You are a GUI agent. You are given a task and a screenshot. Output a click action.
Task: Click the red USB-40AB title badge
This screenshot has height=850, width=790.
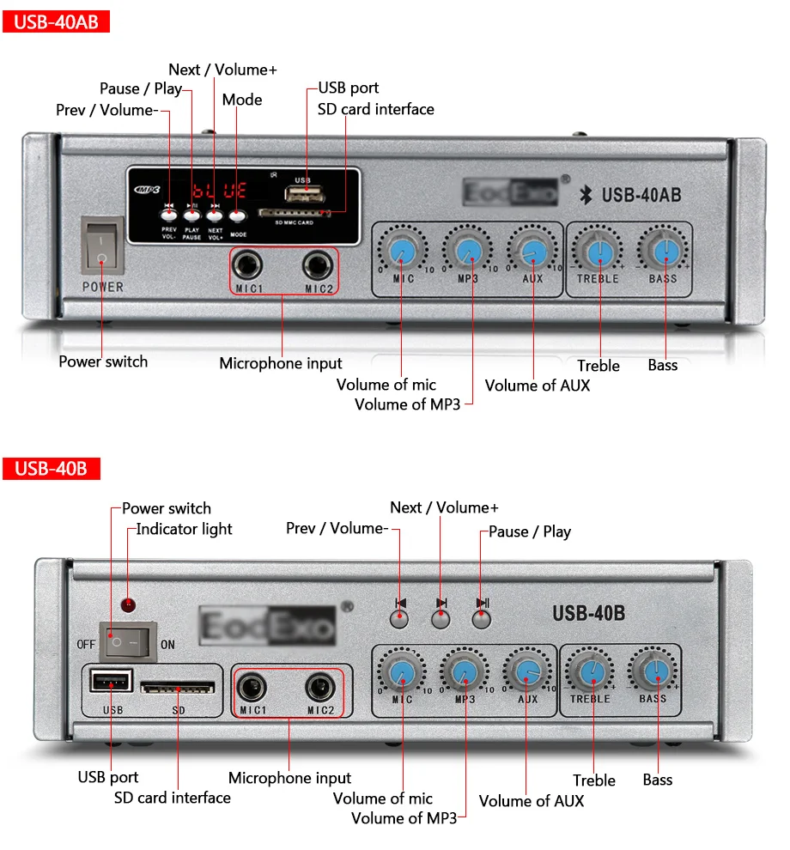(56, 21)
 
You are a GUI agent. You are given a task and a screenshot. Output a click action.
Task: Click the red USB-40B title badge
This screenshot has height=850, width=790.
(52, 469)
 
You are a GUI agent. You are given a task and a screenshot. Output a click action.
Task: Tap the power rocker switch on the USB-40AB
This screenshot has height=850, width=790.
(102, 246)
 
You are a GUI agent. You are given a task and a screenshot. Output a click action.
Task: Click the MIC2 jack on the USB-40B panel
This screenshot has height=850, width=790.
(319, 686)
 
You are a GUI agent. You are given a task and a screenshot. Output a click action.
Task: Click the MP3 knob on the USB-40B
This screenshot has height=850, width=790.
(464, 671)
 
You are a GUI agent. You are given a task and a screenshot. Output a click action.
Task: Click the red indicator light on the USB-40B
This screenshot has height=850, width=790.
(129, 605)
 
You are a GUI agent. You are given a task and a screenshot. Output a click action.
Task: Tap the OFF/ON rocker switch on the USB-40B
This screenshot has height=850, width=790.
(125, 641)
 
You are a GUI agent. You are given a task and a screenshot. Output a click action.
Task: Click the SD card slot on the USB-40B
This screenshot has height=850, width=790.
(178, 688)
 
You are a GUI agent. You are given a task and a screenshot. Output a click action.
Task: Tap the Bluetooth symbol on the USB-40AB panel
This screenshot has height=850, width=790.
(588, 195)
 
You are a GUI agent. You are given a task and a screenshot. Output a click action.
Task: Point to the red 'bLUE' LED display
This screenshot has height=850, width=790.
(218, 191)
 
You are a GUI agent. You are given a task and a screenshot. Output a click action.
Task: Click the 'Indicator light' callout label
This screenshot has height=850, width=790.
(184, 529)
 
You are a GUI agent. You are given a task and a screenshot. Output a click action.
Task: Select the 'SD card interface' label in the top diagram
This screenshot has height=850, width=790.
(376, 109)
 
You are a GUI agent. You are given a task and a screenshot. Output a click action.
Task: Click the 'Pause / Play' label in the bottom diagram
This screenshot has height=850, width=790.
(530, 531)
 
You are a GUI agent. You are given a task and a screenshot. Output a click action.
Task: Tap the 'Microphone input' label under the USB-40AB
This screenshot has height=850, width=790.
(281, 363)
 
